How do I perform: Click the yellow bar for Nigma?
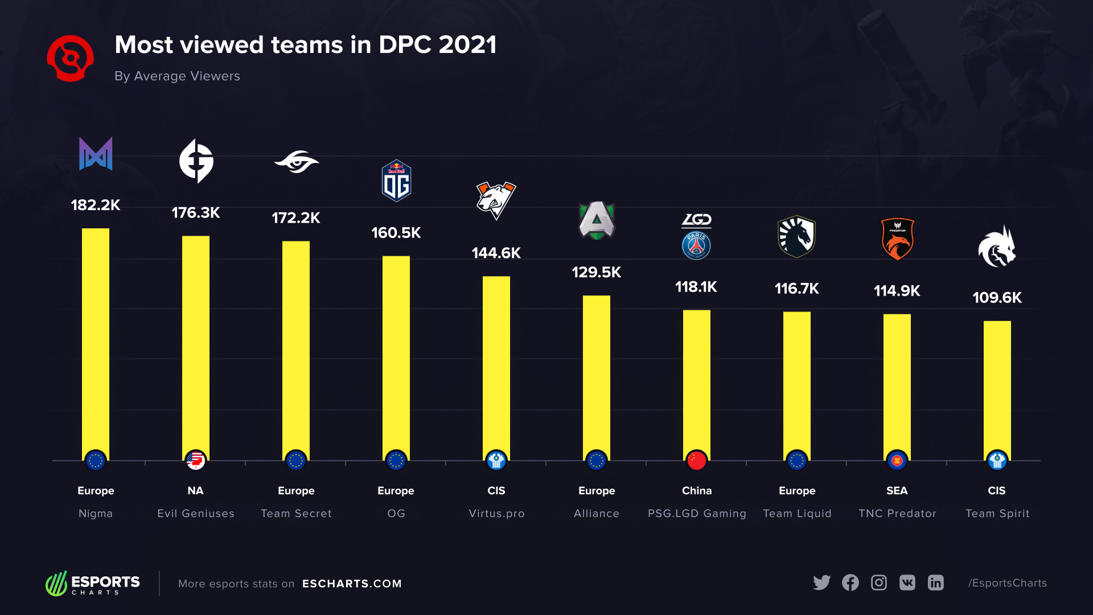click(95, 342)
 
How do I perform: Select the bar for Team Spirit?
click(997, 387)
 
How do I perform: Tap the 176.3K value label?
click(195, 213)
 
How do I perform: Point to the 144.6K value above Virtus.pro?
click(496, 253)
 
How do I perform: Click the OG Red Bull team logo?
click(396, 181)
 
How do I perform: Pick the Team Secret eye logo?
click(296, 162)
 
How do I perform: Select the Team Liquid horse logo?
click(796, 236)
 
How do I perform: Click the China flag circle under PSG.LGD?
click(696, 461)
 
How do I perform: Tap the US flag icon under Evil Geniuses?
click(195, 461)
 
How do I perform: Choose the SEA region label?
click(897, 491)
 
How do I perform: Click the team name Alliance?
click(596, 514)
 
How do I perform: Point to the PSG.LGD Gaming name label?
click(696, 514)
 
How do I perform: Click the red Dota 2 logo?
click(70, 58)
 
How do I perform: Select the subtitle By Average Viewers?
click(177, 76)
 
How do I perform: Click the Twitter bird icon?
click(821, 583)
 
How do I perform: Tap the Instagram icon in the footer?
click(878, 583)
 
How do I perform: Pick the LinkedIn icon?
click(935, 583)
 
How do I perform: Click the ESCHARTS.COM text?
click(352, 584)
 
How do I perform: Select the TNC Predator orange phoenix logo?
click(897, 239)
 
